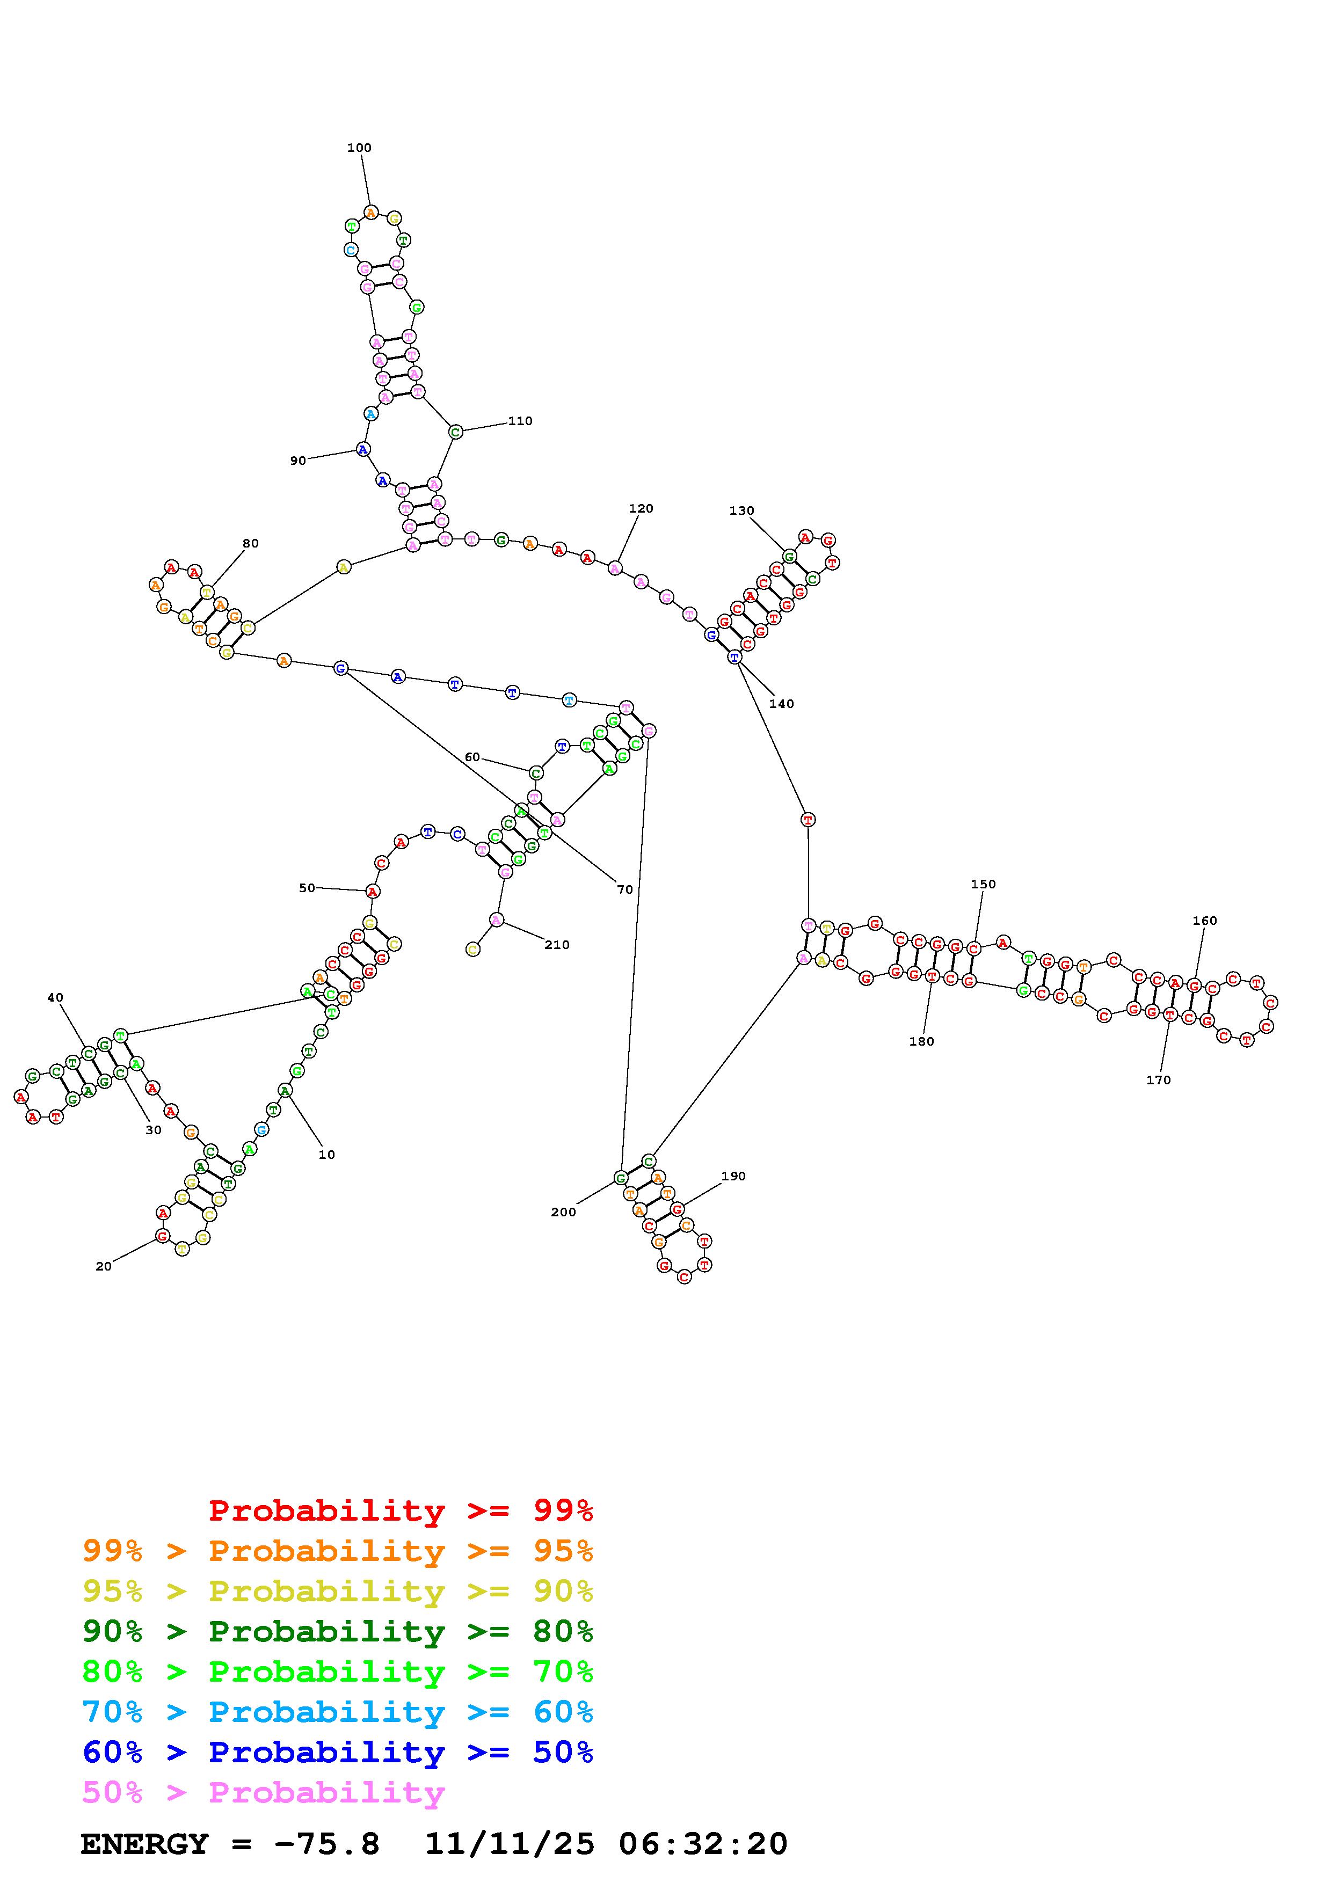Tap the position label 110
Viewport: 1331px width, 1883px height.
point(520,421)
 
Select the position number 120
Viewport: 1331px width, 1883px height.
point(641,508)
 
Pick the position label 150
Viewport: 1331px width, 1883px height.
point(983,884)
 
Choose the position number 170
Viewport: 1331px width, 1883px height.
point(1158,1080)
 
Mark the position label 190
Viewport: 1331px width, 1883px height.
point(733,1176)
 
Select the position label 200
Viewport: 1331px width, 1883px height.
point(563,1212)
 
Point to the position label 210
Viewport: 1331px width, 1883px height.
point(556,945)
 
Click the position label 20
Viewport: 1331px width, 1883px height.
point(103,1266)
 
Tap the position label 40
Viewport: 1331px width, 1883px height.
point(55,997)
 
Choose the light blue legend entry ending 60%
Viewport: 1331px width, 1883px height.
point(337,1712)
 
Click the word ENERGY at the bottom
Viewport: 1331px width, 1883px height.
point(144,1844)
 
